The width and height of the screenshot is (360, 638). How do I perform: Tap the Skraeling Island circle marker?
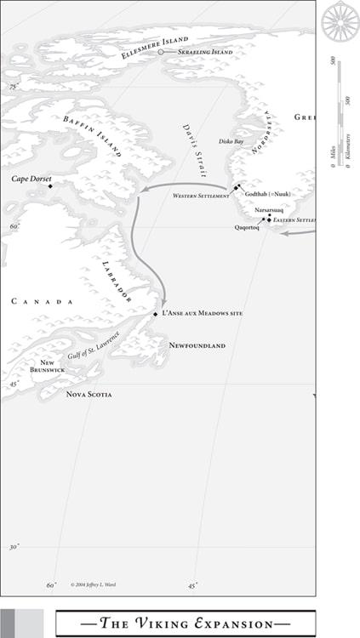(160, 52)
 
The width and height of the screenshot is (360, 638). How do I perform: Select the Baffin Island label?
(92, 136)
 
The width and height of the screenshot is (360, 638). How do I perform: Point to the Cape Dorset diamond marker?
(50, 186)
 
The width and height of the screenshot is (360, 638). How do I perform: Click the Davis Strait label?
(194, 149)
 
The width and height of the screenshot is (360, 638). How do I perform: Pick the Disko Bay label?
(231, 141)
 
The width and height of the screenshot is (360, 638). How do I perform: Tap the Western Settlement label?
(201, 196)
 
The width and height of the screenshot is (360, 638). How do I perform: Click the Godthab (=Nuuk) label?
(268, 194)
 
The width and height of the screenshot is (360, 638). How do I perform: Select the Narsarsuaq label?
(269, 209)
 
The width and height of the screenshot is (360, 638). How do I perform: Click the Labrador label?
(117, 282)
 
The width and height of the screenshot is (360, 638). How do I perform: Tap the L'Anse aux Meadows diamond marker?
(156, 314)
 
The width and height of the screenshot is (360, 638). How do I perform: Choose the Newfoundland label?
(197, 345)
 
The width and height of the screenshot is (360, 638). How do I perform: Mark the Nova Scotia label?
(89, 394)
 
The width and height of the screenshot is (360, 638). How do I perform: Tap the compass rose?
(340, 20)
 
